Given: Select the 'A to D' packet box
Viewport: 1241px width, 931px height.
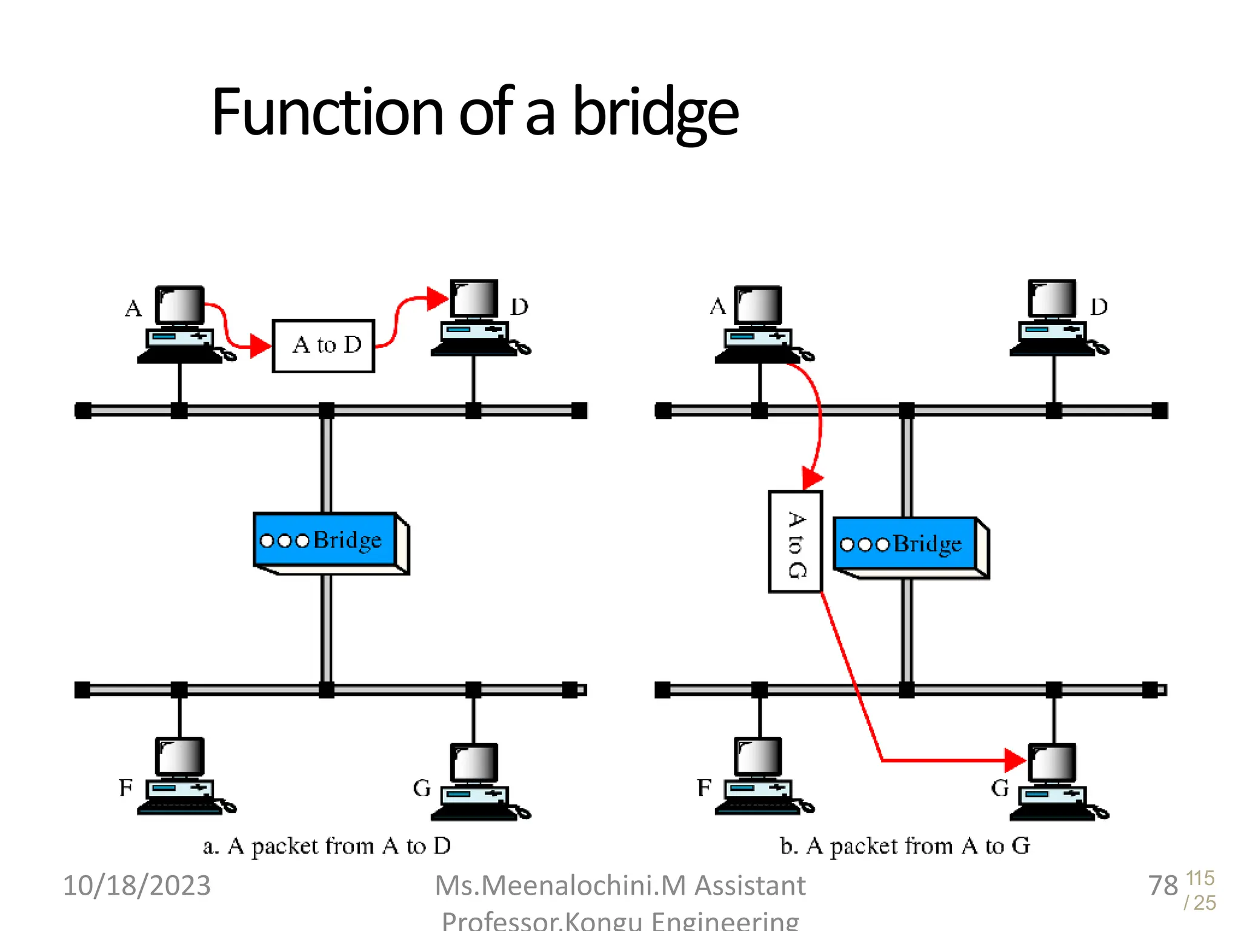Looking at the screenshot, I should click(x=324, y=345).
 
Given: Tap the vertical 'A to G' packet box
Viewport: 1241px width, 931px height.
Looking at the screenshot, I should click(x=795, y=542).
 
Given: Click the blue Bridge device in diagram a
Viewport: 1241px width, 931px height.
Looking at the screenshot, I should click(x=326, y=540).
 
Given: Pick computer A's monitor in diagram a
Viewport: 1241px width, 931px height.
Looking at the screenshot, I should click(x=180, y=305).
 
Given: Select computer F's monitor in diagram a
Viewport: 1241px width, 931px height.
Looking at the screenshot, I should click(x=180, y=757).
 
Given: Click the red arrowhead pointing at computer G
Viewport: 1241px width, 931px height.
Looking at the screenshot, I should click(x=1014, y=760).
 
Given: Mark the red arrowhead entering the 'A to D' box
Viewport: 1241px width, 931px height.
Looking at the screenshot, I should click(x=260, y=346).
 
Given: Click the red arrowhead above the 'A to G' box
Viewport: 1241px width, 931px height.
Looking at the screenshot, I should click(x=812, y=478).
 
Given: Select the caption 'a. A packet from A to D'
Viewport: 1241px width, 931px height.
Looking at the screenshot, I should click(x=327, y=846).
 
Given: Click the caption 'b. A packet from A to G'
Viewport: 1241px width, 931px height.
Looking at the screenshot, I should click(x=905, y=846).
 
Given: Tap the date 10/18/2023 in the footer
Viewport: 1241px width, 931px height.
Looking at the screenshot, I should click(x=137, y=886).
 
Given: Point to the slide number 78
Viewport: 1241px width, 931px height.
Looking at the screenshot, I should click(x=1162, y=886).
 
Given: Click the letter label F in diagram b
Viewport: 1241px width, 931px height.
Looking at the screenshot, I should click(x=704, y=788).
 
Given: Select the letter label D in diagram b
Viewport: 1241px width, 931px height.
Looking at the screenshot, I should click(x=1099, y=307).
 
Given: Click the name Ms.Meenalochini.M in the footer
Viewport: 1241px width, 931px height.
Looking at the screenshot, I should click(x=561, y=886).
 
